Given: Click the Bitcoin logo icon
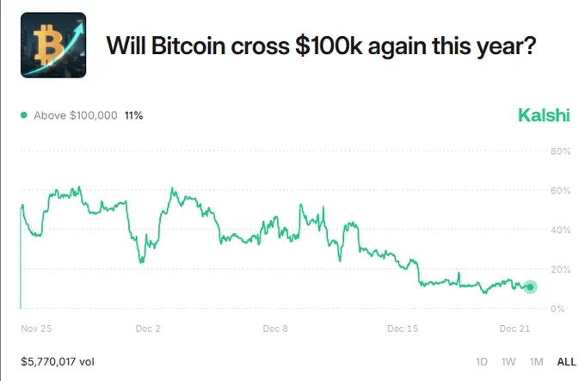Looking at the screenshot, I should [x=52, y=46].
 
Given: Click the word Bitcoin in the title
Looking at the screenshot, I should [x=189, y=46].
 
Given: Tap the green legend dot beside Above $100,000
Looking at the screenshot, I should [x=24, y=115].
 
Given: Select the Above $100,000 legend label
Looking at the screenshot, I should [x=75, y=115].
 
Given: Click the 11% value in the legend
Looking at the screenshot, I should [x=133, y=115].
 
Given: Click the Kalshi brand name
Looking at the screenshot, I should [x=543, y=115].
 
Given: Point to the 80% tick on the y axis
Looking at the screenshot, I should [x=561, y=151].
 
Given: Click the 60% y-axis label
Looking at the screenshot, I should [x=561, y=191].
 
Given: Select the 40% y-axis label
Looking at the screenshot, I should [x=561, y=230].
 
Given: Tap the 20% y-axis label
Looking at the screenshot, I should [x=561, y=269].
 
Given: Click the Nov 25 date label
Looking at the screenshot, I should [x=36, y=329].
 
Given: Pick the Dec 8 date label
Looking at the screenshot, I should [x=275, y=329].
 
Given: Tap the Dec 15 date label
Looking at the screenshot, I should [x=403, y=329].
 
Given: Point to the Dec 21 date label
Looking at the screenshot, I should [x=514, y=329].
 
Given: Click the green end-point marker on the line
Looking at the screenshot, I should [x=530, y=287].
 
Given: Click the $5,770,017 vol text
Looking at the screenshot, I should [x=57, y=362].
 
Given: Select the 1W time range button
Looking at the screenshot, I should [x=508, y=362].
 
